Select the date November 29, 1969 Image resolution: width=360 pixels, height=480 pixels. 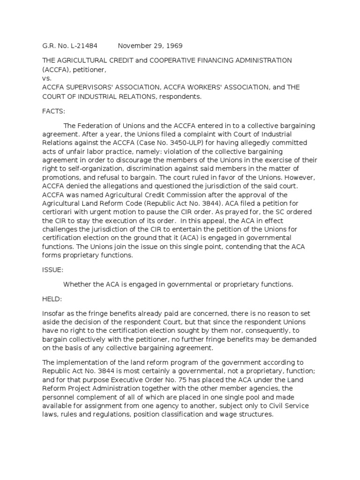pos(150,46)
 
